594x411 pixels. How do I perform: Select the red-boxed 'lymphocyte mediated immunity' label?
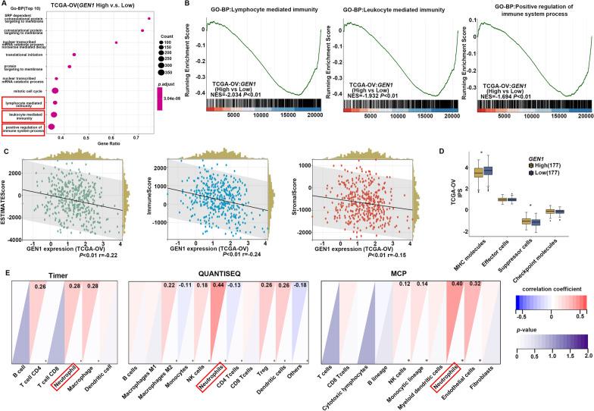pos(23,101)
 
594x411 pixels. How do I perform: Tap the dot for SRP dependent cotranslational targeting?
pos(149,17)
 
